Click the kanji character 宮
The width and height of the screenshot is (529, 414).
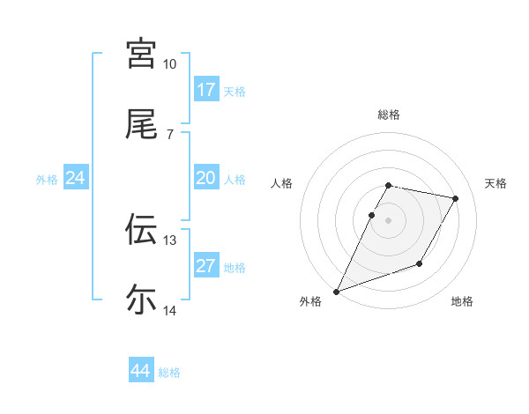[x=141, y=54]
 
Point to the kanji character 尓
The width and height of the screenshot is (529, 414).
[x=141, y=300]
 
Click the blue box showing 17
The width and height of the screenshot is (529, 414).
[x=206, y=89]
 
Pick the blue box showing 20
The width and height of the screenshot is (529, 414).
[x=206, y=178]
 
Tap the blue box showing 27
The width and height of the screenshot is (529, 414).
[x=206, y=266]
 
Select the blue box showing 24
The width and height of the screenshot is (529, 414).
[x=76, y=178]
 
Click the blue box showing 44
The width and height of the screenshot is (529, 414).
[x=141, y=371]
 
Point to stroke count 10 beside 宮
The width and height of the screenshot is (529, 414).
[x=169, y=64]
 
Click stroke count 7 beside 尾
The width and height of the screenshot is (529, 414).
[x=169, y=135]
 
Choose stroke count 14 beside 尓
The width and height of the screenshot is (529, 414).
[x=169, y=311]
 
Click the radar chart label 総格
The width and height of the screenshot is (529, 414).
[x=389, y=115]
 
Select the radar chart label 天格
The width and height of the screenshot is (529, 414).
[x=495, y=183]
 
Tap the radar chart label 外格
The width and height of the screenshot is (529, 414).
[x=310, y=302]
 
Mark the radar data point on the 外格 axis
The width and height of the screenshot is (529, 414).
[x=336, y=292]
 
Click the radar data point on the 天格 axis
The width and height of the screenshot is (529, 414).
[x=456, y=199]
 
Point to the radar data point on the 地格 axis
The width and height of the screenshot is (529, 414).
[x=420, y=263]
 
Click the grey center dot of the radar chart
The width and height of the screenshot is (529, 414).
[x=389, y=220]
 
